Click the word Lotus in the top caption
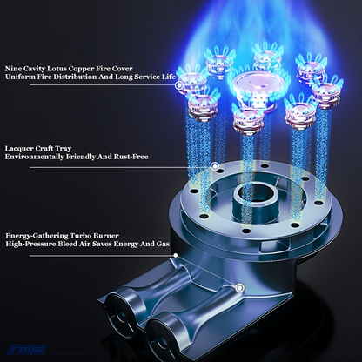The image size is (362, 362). click(57, 69)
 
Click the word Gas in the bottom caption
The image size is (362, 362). click(163, 244)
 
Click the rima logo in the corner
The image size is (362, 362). click(27, 350)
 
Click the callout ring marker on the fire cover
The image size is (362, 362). click(179, 85)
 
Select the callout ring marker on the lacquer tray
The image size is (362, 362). click(215, 166)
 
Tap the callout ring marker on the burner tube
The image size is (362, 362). click(239, 288)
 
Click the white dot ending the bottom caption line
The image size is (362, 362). click(176, 255)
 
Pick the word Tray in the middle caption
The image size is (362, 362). click(64, 149)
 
